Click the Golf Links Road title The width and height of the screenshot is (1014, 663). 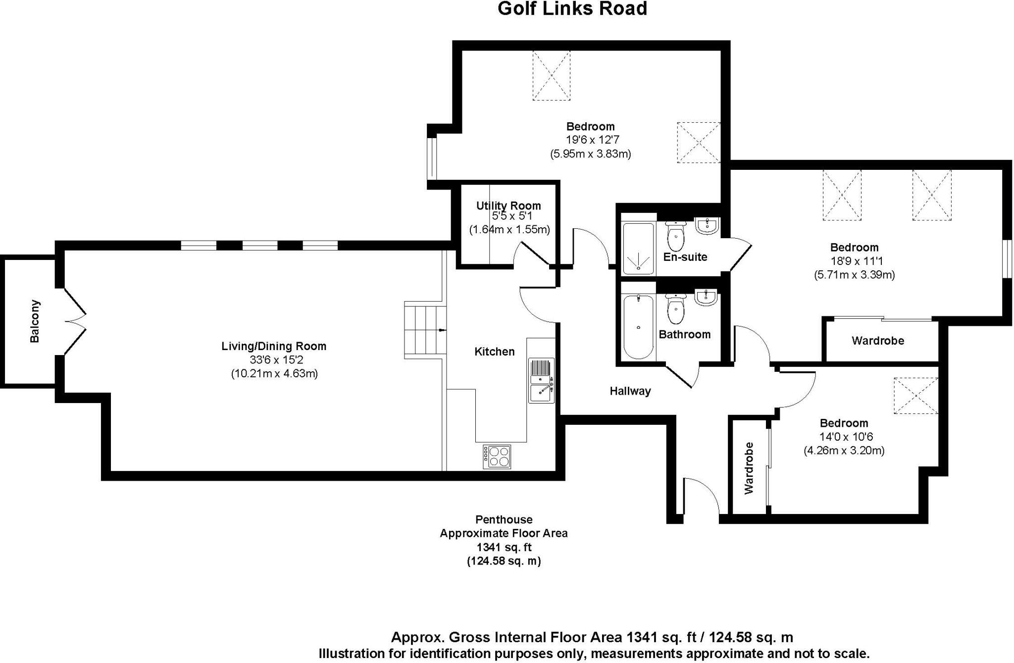572,9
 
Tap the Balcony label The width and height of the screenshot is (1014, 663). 35,321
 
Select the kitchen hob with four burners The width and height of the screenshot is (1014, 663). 497,457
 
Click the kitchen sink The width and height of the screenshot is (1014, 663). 541,380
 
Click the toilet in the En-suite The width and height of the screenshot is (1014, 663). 675,237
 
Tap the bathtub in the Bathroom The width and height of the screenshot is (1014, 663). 638,326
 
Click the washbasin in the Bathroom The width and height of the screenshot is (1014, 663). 706,298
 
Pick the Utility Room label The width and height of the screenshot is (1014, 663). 508,205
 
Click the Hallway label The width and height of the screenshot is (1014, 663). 630,391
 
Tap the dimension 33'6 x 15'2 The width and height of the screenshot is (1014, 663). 274,360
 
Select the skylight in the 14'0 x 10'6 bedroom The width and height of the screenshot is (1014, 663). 915,396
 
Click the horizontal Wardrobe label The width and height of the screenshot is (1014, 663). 878,341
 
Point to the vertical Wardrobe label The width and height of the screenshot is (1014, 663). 749,468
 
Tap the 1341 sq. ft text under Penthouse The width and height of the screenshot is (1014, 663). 504,547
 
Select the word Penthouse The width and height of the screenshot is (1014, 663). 504,519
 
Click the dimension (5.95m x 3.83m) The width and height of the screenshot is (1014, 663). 590,153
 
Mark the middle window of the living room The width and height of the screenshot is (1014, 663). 259,245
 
